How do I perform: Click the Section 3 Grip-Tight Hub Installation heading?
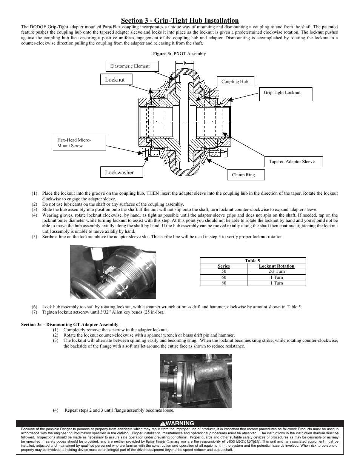click(180, 20)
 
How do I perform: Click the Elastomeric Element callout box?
click(132, 66)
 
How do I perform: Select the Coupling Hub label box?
click(235, 82)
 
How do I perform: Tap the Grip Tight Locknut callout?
click(285, 93)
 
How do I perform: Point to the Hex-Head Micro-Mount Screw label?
click(79, 143)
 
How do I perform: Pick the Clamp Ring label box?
click(246, 175)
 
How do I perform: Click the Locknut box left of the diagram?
click(117, 80)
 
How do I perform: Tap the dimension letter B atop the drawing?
click(185, 63)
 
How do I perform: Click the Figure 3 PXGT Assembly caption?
click(179, 54)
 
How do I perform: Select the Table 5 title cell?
click(252, 260)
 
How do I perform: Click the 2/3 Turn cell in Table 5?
click(277, 271)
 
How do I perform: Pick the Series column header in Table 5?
click(224, 266)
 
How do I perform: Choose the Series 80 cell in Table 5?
click(224, 283)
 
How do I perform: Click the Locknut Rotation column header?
click(277, 266)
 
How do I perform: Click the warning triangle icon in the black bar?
click(162, 423)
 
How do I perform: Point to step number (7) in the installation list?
click(34, 312)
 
